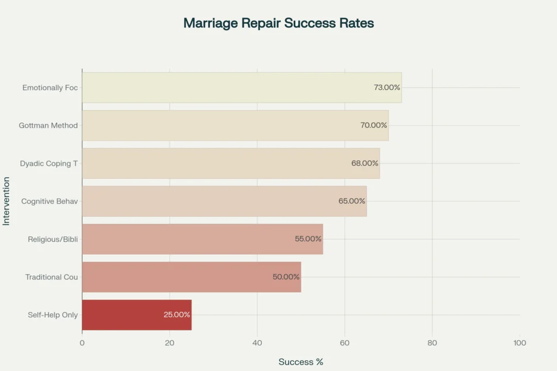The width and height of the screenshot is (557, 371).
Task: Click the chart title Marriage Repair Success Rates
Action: coord(278,23)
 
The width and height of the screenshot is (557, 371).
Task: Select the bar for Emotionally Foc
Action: coord(242,87)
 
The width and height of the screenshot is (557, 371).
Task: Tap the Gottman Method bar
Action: coord(235,125)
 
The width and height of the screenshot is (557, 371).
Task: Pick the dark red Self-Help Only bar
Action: coord(137,315)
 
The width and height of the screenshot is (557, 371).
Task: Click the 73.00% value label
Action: coord(387,87)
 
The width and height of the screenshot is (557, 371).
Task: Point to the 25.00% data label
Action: coord(177,315)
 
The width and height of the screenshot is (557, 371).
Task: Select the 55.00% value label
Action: coord(308,239)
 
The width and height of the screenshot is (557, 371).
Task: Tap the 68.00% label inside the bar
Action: coord(365,163)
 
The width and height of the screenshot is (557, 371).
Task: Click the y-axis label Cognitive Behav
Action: coord(49,201)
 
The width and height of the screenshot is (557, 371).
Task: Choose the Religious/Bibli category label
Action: coord(53,239)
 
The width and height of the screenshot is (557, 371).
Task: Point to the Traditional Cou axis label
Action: coord(52,277)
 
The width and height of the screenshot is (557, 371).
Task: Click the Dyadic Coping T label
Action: coord(49,163)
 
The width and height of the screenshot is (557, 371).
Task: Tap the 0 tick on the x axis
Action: coord(82,343)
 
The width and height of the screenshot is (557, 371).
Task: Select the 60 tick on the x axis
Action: coord(345,343)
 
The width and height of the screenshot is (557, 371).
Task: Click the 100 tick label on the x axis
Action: coord(519,343)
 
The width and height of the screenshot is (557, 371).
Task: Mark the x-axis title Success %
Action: coord(301,362)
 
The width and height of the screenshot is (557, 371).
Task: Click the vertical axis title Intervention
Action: coord(6,201)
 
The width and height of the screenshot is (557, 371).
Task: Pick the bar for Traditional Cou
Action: coord(191,277)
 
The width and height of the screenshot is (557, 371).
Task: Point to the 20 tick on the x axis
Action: coord(170,343)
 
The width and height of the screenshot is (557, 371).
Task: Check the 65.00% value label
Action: coord(352,201)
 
